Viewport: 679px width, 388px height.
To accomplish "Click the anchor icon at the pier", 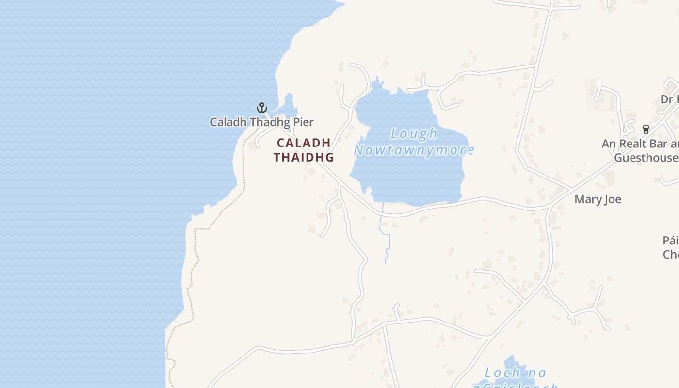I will click(262, 107).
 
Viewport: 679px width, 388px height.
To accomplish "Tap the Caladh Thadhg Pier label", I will click(261, 122).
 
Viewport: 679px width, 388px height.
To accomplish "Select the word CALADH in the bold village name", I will click(304, 143).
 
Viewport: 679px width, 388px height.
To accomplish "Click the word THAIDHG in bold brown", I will click(304, 157).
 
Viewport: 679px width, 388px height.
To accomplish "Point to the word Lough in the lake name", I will click(414, 134).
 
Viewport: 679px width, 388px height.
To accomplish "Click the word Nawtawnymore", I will click(414, 150).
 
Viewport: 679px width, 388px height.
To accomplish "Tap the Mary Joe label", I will click(598, 199).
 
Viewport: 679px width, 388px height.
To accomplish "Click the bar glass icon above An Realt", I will click(646, 129).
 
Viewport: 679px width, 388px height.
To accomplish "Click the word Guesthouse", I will click(646, 158).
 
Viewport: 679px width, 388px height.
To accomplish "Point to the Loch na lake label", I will click(516, 373).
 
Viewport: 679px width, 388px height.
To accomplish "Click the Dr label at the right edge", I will click(669, 99).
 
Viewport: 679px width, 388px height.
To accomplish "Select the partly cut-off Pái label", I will click(671, 241).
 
